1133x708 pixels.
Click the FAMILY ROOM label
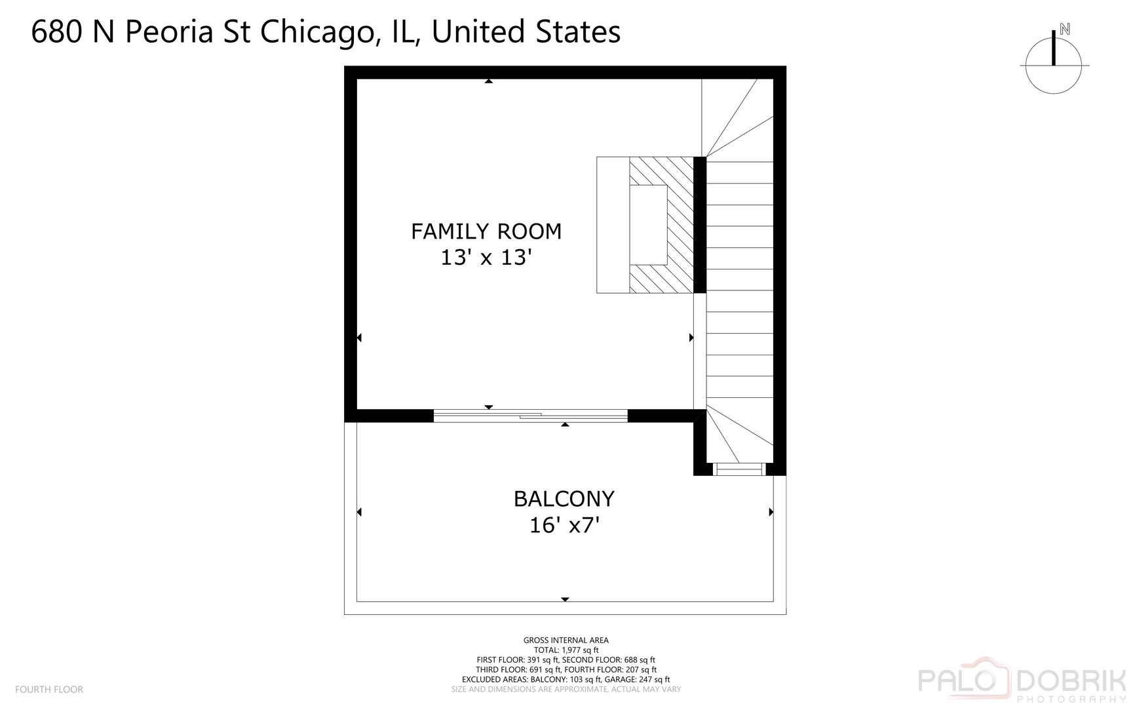(486, 231)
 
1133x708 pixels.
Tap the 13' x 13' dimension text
(484, 258)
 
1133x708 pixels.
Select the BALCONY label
(564, 499)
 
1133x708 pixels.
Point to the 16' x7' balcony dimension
(564, 525)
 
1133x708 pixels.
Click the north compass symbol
(1054, 66)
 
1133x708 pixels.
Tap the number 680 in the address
(57, 31)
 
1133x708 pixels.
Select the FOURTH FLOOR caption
(49, 689)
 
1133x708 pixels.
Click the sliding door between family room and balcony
(531, 415)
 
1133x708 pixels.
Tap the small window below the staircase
(739, 469)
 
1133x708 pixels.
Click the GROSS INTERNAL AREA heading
(566, 640)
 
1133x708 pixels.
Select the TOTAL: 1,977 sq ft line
(566, 650)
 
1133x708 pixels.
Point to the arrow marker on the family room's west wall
(359, 338)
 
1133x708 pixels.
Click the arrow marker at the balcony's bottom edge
(565, 599)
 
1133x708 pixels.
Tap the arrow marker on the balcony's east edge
(771, 512)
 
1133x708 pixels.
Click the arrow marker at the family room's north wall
(488, 81)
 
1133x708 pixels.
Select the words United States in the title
(526, 31)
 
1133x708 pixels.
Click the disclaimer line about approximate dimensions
(566, 689)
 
